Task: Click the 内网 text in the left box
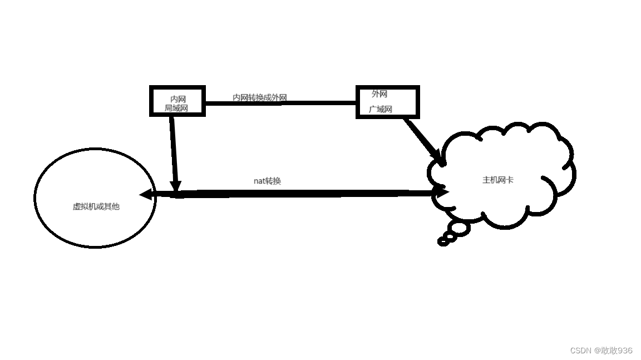pyautogui.click(x=178, y=99)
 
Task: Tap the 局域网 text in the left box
pyautogui.click(x=176, y=108)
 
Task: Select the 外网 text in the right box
pyautogui.click(x=379, y=94)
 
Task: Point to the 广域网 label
pyautogui.click(x=381, y=109)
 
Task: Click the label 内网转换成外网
pyautogui.click(x=259, y=97)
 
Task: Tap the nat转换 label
pyautogui.click(x=267, y=181)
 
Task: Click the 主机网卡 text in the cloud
pyautogui.click(x=498, y=180)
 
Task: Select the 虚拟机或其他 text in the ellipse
pyautogui.click(x=96, y=206)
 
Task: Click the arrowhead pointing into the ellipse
pyautogui.click(x=146, y=194)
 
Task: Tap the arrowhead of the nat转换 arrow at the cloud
pyautogui.click(x=442, y=192)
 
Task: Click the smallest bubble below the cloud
pyautogui.click(x=443, y=241)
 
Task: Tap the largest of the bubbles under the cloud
pyautogui.click(x=460, y=228)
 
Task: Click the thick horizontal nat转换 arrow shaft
pyautogui.click(x=295, y=193)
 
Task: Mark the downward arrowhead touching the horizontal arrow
pyautogui.click(x=176, y=187)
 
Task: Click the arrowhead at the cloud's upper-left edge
pyautogui.click(x=439, y=158)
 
